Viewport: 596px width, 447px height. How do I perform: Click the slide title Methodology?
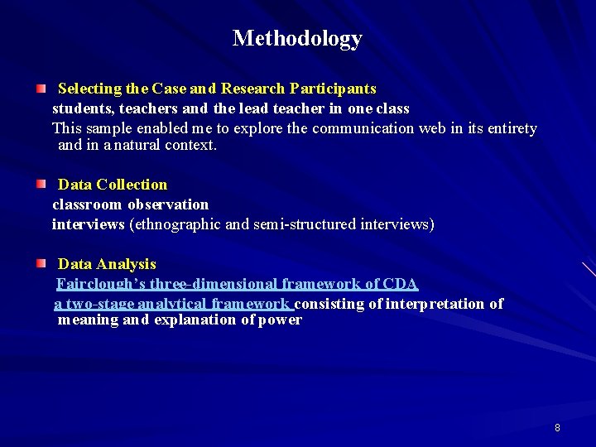pyautogui.click(x=297, y=38)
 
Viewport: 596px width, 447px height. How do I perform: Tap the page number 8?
pyautogui.click(x=557, y=428)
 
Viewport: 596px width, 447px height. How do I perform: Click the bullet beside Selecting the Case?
pyautogui.click(x=41, y=87)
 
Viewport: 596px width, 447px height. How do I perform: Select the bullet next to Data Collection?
pyautogui.click(x=41, y=183)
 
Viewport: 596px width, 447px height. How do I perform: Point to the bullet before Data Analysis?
pyautogui.click(x=41, y=262)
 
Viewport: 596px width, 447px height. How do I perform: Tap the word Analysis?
pyautogui.click(x=126, y=264)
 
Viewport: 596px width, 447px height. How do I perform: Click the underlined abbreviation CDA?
pyautogui.click(x=401, y=284)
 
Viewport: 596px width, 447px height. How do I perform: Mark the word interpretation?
pyautogui.click(x=435, y=304)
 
